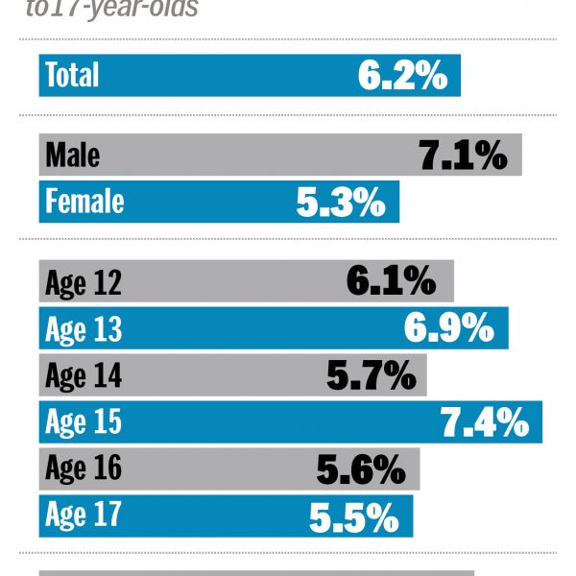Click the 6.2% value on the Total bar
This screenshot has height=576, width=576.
coord(403,75)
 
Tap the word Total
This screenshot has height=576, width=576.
coord(72,75)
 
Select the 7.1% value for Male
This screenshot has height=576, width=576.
coord(463,156)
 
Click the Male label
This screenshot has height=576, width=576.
coord(72,156)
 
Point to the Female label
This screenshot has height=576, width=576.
coord(84,202)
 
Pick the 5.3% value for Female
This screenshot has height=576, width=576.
coord(341,202)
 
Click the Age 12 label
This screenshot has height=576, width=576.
coord(83,283)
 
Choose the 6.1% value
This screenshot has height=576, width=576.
coord(392,282)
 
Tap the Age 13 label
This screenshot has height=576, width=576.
coord(83,329)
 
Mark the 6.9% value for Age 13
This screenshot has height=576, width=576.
coord(448,328)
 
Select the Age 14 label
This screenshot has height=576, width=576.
coord(83,375)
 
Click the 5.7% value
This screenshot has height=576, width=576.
coord(372,375)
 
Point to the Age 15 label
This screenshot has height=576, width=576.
coord(83,421)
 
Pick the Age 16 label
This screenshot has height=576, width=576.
coord(83,468)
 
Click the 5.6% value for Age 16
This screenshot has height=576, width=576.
coord(361,468)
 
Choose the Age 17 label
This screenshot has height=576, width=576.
coord(83,516)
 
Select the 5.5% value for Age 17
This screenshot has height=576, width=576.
coord(353,516)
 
